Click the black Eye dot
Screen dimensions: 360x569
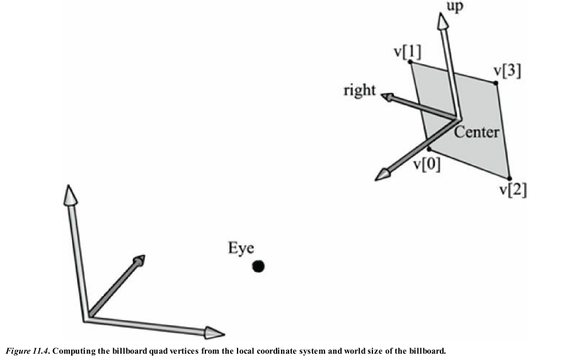[x=258, y=267]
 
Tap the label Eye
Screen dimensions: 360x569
[x=241, y=248]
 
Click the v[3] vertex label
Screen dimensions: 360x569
[x=507, y=71]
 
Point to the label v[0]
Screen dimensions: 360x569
[x=427, y=165]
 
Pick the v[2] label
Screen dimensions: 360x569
[x=514, y=189]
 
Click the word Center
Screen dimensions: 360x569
[x=476, y=132]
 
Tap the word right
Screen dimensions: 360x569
[x=359, y=90]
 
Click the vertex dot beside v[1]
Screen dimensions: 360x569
[x=410, y=62]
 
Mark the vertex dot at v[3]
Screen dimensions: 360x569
[x=495, y=83]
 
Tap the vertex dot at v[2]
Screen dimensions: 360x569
[x=509, y=178]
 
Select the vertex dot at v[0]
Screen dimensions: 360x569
[x=428, y=149]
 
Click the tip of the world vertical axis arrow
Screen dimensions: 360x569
[x=69, y=193]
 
